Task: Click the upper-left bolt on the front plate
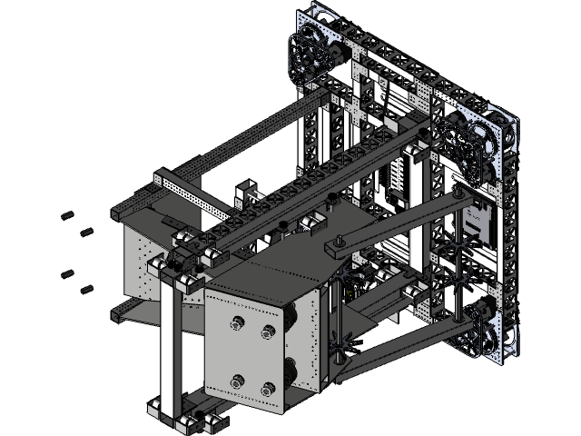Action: [x=238, y=322]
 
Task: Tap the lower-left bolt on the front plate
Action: [x=237, y=381]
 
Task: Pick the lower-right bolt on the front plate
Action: [x=267, y=390]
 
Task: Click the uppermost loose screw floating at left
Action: [x=66, y=215]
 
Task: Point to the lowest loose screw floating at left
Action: [x=87, y=289]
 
